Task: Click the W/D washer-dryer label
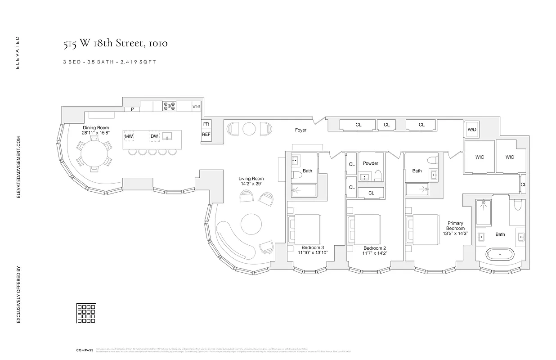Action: coord(471,130)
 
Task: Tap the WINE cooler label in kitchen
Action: coord(197,107)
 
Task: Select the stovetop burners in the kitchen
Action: coord(170,106)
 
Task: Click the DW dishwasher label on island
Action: coord(154,136)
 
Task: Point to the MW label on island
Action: coord(129,136)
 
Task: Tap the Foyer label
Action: coord(300,130)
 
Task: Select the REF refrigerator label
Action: coord(206,134)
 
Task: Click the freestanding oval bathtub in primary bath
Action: coord(500,254)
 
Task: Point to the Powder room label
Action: coord(371,163)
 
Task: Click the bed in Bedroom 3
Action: coord(305,228)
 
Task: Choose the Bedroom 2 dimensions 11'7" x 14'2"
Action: coord(375,253)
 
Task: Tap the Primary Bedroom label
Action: coord(455,226)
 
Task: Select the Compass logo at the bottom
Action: coord(85,350)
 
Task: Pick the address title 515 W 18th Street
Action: coord(115,44)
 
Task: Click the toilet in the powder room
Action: coord(378,175)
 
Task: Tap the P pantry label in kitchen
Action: coord(132,109)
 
